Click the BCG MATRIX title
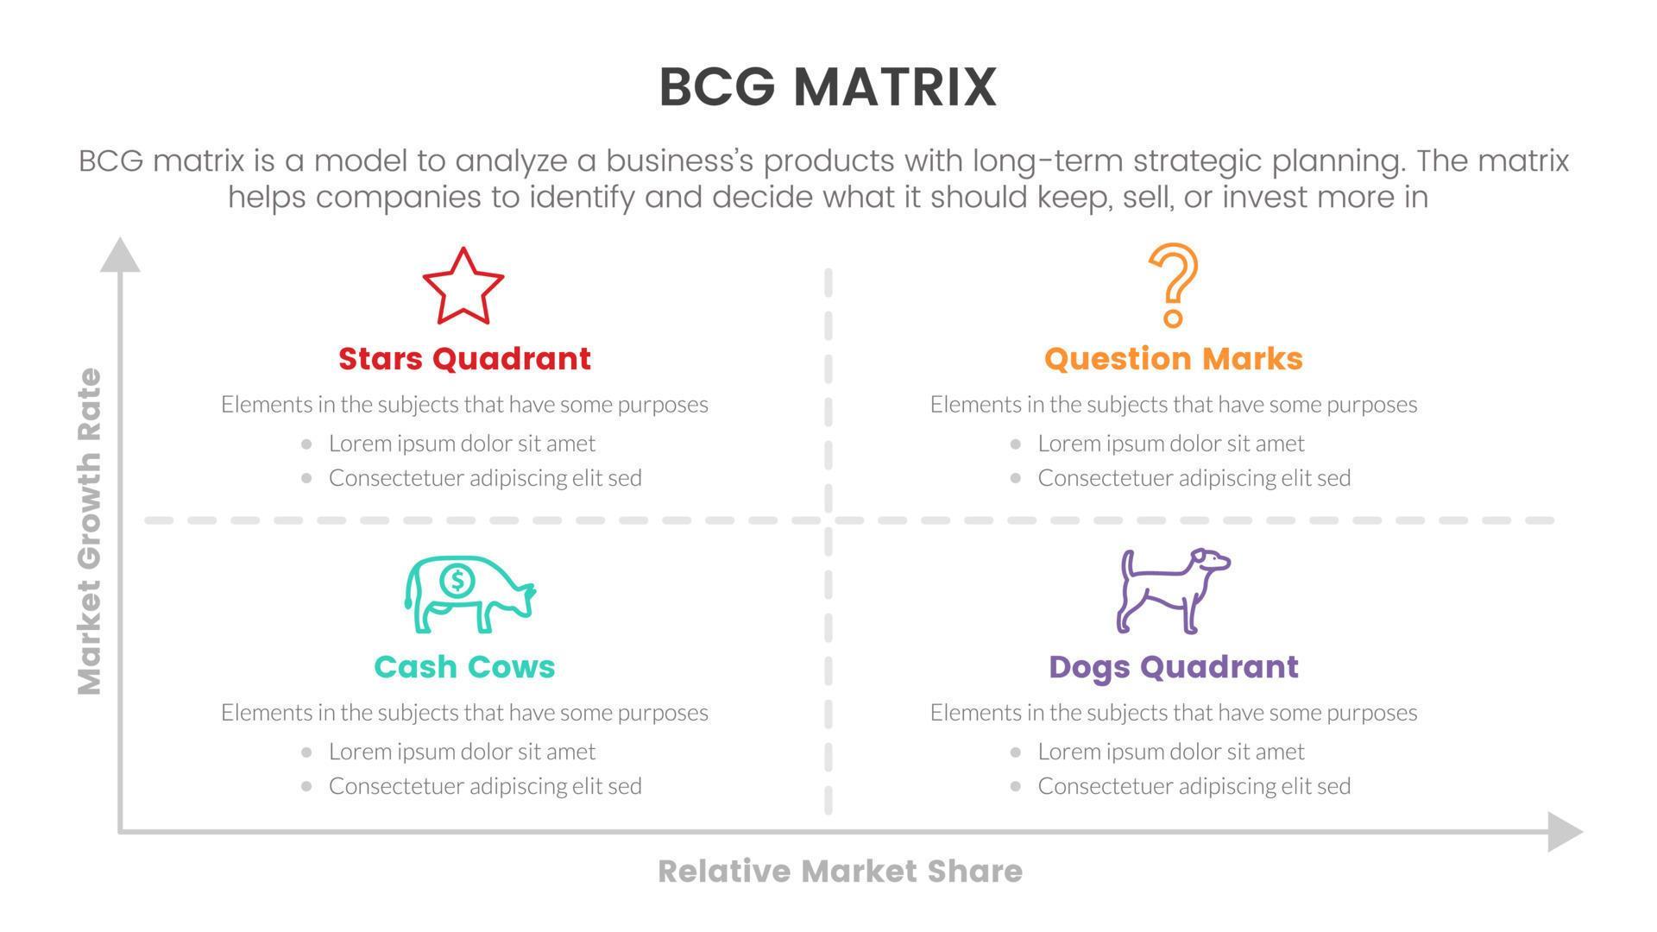828,87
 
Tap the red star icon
463,287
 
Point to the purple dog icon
1173,591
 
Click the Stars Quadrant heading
464,358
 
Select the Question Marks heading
1173,358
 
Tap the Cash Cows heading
464,666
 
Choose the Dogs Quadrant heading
1173,666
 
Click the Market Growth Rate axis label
90,531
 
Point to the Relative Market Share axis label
840,871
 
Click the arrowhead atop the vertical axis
120,255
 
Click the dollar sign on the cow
457,581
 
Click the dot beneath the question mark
1173,318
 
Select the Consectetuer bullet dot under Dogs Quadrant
1015,786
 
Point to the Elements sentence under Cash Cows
464,712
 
